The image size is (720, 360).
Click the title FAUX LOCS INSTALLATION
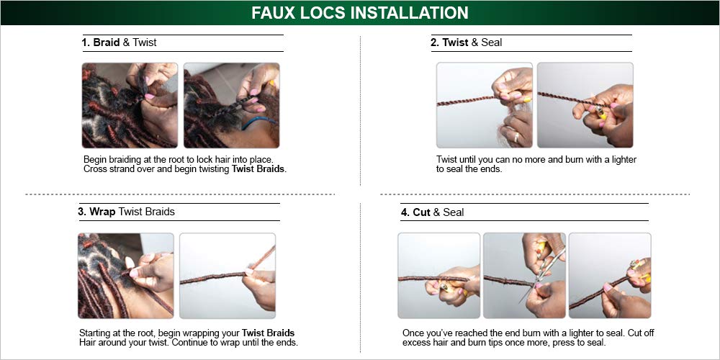point(359,13)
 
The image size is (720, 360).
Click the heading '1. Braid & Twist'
point(119,42)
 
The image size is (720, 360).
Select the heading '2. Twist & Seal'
point(466,42)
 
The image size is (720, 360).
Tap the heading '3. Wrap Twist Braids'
point(126,212)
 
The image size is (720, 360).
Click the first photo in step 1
point(130,105)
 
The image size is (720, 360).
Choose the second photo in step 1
point(231,105)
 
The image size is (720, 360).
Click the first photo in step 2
point(484,105)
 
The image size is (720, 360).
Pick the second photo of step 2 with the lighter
point(585,105)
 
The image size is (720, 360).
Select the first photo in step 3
point(125,276)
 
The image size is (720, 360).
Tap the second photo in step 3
point(227,276)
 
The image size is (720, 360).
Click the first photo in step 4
point(438,276)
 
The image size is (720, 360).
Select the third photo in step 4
point(609,276)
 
